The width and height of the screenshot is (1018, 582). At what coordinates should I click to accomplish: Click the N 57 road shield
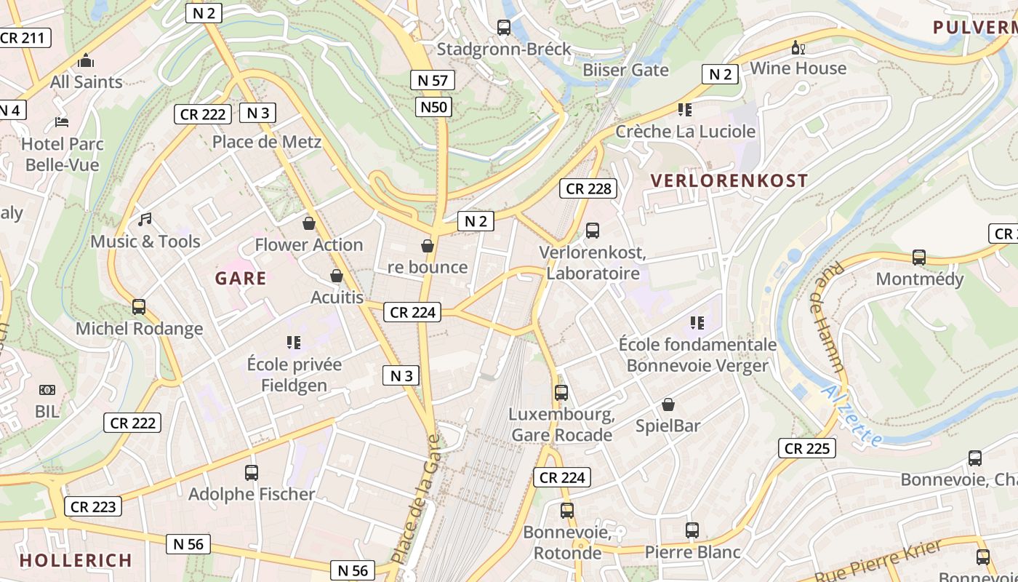433,80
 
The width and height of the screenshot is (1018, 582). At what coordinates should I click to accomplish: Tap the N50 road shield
434,108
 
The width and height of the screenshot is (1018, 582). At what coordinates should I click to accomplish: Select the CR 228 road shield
588,188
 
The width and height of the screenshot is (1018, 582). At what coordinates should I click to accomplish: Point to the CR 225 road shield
806,448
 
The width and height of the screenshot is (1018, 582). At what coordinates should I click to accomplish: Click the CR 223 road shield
93,506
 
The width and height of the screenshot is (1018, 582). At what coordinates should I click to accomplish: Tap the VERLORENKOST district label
729,180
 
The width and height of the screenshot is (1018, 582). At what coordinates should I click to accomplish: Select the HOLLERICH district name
76,560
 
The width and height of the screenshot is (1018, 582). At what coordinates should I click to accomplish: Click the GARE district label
241,278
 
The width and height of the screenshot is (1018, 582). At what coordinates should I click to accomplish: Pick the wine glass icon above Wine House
798,48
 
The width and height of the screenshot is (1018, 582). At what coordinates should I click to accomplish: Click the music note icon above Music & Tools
145,219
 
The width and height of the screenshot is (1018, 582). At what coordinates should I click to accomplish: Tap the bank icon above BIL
47,391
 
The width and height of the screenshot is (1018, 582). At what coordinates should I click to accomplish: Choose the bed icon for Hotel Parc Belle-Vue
62,122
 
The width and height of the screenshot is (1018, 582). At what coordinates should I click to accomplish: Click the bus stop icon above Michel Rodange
139,307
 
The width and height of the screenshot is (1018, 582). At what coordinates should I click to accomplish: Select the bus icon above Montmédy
919,258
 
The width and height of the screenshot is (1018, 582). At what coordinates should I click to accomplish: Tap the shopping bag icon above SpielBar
668,404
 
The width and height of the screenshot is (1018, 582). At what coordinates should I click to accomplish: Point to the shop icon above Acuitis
337,276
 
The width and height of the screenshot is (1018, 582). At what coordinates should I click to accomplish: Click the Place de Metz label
266,142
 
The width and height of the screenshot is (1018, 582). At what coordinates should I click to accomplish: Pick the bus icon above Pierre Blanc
692,530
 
